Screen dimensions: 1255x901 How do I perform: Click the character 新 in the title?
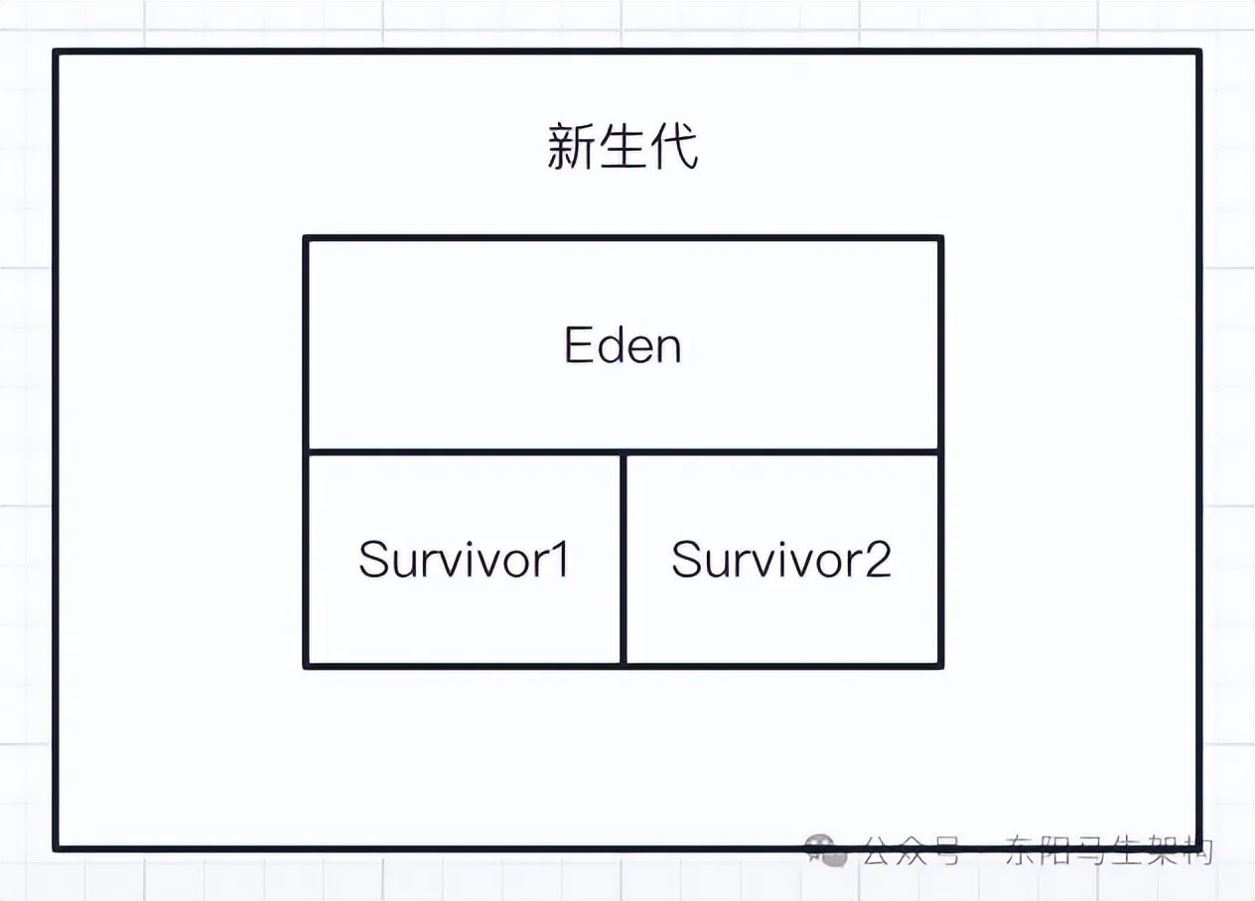coord(569,147)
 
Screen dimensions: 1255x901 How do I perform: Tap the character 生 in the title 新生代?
coord(623,147)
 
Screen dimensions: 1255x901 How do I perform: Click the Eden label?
coord(623,345)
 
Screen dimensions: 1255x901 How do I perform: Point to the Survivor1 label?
coord(464,560)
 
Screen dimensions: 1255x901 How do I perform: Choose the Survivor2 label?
coord(781,560)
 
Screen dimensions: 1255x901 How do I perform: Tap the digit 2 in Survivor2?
coord(877,560)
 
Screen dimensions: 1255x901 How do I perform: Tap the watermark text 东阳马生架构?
coord(1108,850)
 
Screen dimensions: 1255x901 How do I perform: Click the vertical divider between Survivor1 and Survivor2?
coord(623,560)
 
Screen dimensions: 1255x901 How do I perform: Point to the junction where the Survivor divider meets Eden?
coord(623,452)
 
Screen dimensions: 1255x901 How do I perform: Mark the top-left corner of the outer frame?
coord(57,53)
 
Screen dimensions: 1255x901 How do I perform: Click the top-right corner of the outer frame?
coord(1198,53)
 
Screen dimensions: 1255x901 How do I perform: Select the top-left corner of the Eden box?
coord(307,239)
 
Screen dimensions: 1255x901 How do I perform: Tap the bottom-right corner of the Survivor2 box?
coord(939,665)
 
